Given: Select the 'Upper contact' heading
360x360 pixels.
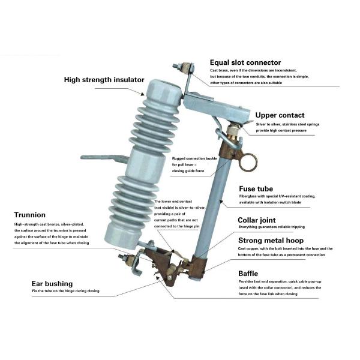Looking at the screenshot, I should [x=280, y=115].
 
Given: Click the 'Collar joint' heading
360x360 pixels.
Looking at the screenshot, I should [x=261, y=220].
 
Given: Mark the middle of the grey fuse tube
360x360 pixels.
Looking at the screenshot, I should [x=218, y=198].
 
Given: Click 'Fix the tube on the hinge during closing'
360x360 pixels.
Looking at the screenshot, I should [x=66, y=292].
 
